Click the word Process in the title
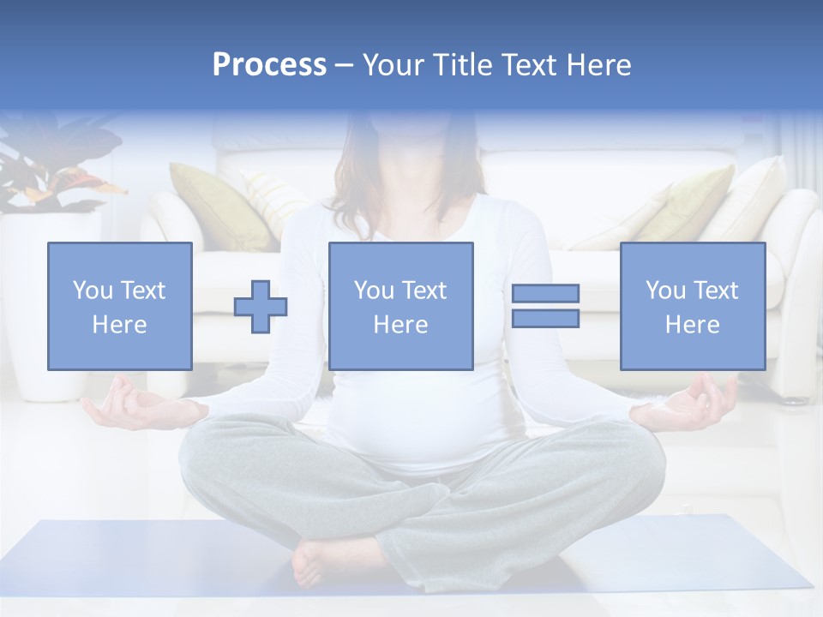click(x=269, y=65)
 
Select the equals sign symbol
click(x=545, y=306)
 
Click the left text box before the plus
click(x=120, y=307)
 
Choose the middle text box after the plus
click(x=400, y=307)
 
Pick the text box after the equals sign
click(x=692, y=307)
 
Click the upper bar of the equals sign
click(x=545, y=294)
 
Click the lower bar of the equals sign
click(x=545, y=318)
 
